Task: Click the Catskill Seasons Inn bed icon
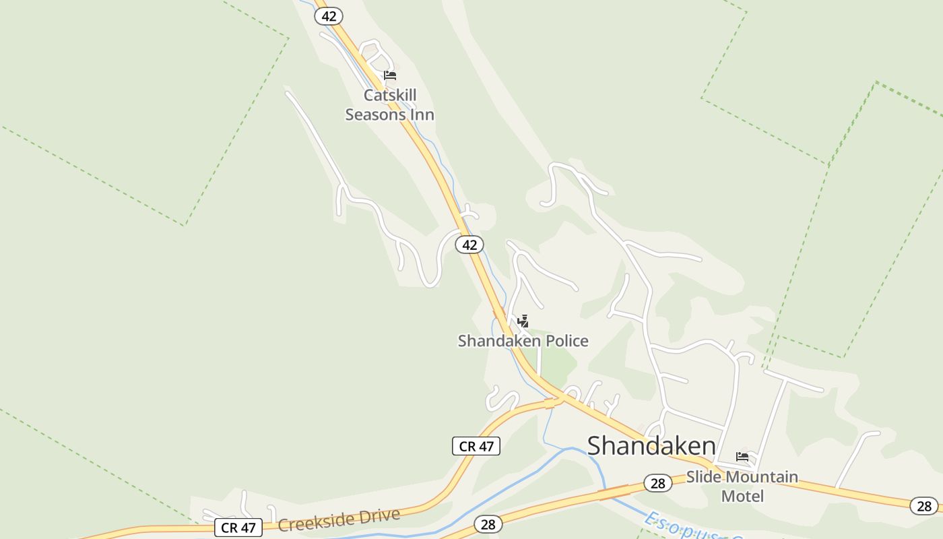[x=390, y=75]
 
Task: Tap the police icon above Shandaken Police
[x=523, y=321]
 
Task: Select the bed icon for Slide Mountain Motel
[x=742, y=457]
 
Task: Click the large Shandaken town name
[x=651, y=446]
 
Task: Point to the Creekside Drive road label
[x=339, y=520]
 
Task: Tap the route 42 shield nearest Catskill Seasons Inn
[x=329, y=16]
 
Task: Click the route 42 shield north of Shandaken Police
[x=469, y=245]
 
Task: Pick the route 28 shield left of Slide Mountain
[x=658, y=483]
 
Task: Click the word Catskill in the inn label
[x=390, y=95]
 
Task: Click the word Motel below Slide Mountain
[x=742, y=497]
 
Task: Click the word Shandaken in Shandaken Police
[x=499, y=341]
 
